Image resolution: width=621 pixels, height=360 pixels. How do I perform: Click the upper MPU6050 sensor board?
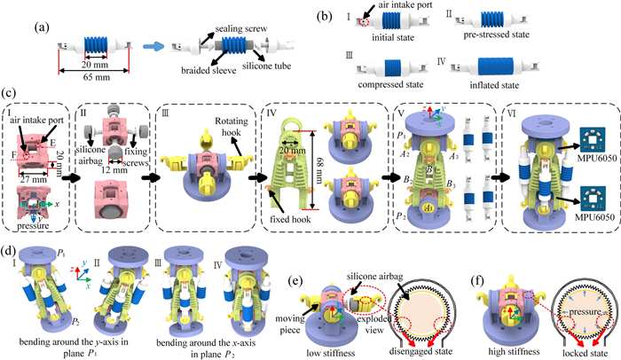[578, 142]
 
